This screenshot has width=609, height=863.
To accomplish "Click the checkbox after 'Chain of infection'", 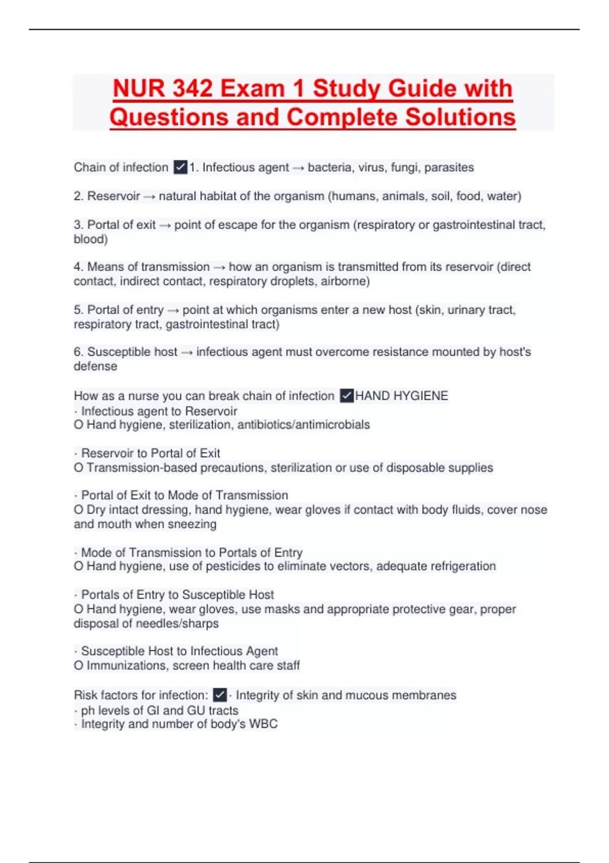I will [x=180, y=167].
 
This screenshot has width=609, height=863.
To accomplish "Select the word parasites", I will [x=449, y=168].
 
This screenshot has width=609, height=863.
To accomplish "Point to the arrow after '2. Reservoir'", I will [x=149, y=196].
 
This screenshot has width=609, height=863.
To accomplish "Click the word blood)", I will [x=90, y=239].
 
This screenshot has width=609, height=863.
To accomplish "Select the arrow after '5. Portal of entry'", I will [x=173, y=310].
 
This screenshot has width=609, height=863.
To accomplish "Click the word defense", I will [x=95, y=367].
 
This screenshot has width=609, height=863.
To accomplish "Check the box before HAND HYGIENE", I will [x=347, y=395].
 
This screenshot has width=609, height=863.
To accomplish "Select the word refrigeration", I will [x=463, y=567].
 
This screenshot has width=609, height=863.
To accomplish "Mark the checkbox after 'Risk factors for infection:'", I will [x=220, y=694].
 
